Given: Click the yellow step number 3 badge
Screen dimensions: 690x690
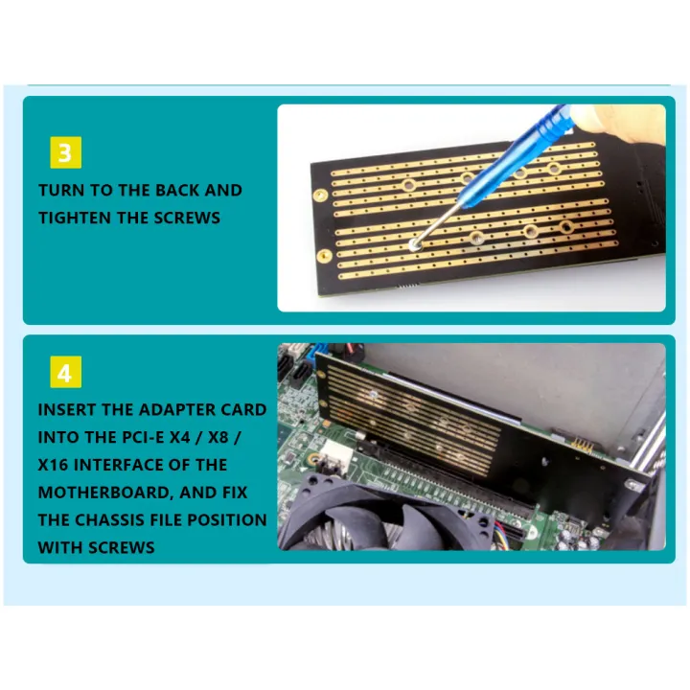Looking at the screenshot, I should pyautogui.click(x=65, y=152).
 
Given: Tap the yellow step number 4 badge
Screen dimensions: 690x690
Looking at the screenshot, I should pyautogui.click(x=65, y=373).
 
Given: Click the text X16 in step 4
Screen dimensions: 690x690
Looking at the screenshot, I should pyautogui.click(x=54, y=465).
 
